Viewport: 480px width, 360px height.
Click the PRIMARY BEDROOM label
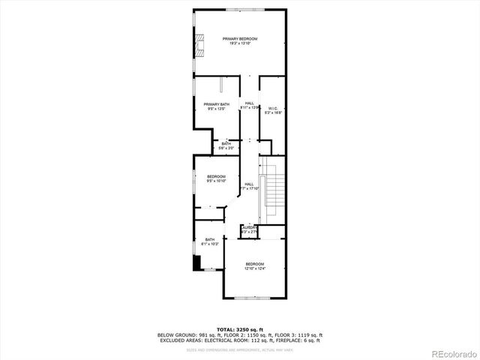240,38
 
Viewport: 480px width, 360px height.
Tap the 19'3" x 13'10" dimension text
240,43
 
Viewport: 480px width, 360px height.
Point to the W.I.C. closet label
272,108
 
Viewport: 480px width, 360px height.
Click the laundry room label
250,227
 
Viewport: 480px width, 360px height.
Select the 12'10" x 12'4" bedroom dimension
255,269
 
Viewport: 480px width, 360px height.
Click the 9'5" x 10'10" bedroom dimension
216,181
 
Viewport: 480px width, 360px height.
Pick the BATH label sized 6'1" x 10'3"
210,240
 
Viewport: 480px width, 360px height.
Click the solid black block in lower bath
197,262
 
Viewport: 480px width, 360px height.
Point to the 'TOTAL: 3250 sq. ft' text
240,329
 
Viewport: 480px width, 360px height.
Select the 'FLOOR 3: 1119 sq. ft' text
301,334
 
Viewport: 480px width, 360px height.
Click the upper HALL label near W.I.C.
250,103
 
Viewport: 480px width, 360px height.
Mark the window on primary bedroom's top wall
240,9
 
